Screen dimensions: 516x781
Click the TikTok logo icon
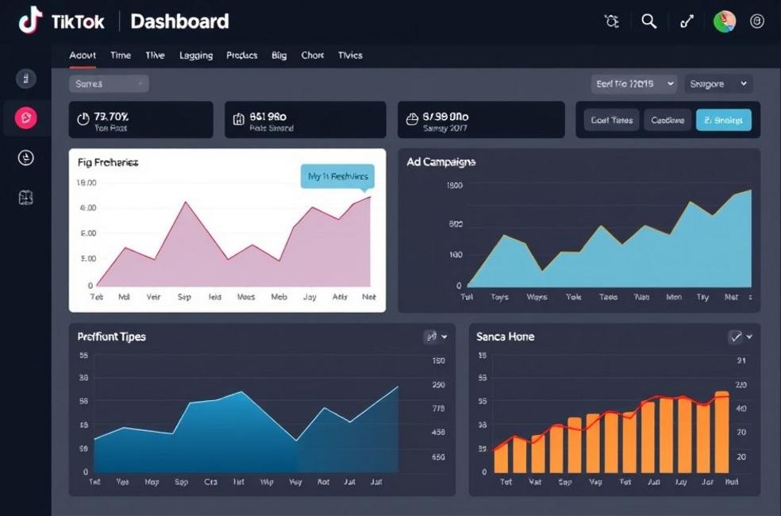[30, 21]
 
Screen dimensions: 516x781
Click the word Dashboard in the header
[179, 21]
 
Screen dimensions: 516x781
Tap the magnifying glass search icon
[649, 21]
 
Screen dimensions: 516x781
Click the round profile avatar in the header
[724, 21]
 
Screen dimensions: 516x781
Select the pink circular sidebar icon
[26, 118]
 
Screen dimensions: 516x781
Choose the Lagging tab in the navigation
[195, 56]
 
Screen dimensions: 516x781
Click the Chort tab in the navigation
[312, 56]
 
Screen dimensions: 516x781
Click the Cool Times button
[611, 120]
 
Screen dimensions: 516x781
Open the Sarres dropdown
[109, 83]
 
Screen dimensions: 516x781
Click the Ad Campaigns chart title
[441, 162]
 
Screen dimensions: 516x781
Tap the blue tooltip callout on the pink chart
[337, 177]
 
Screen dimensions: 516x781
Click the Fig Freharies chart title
[108, 162]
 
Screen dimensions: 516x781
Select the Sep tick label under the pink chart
[184, 297]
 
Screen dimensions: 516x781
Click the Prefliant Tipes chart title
[111, 337]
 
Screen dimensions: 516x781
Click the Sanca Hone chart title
[505, 337]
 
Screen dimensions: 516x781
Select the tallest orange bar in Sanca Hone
[721, 432]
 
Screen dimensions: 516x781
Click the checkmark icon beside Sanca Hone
[736, 337]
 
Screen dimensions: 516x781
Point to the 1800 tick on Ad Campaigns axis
[454, 186]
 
